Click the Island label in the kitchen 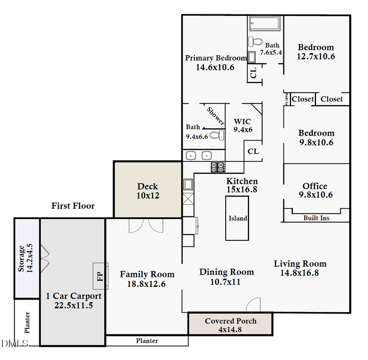coord(238,218)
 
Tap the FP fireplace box coord(100,276)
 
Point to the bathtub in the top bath coord(265,24)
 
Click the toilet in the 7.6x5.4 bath coord(256,42)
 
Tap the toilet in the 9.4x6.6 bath coord(216,135)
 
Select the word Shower coord(215,116)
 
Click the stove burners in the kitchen coord(218,167)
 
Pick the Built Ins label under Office coord(316,218)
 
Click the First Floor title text coord(73,206)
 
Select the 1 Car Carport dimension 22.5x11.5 coord(74,305)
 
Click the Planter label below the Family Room coord(147,341)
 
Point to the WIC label coord(242,122)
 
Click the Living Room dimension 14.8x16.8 coord(300,273)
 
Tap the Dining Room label coord(227,272)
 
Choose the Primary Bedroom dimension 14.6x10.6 coord(215,67)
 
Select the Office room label coord(315,186)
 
